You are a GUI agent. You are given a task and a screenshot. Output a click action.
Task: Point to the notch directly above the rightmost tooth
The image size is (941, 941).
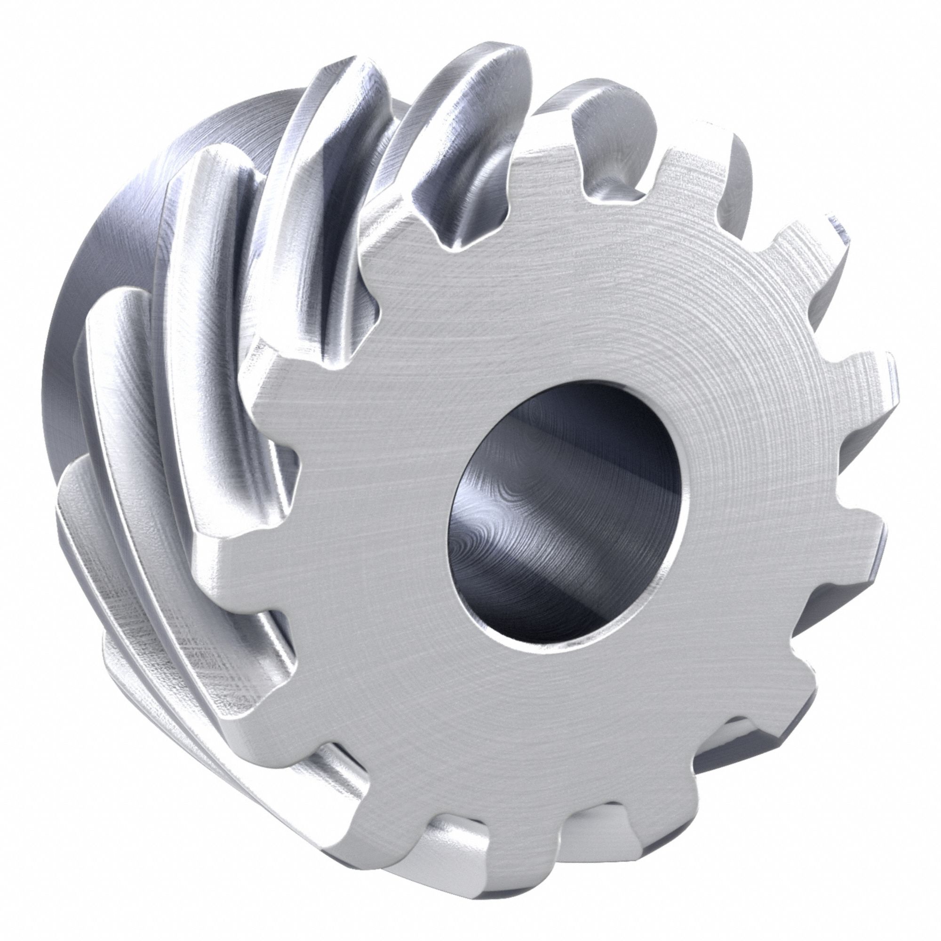tap(838, 312)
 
